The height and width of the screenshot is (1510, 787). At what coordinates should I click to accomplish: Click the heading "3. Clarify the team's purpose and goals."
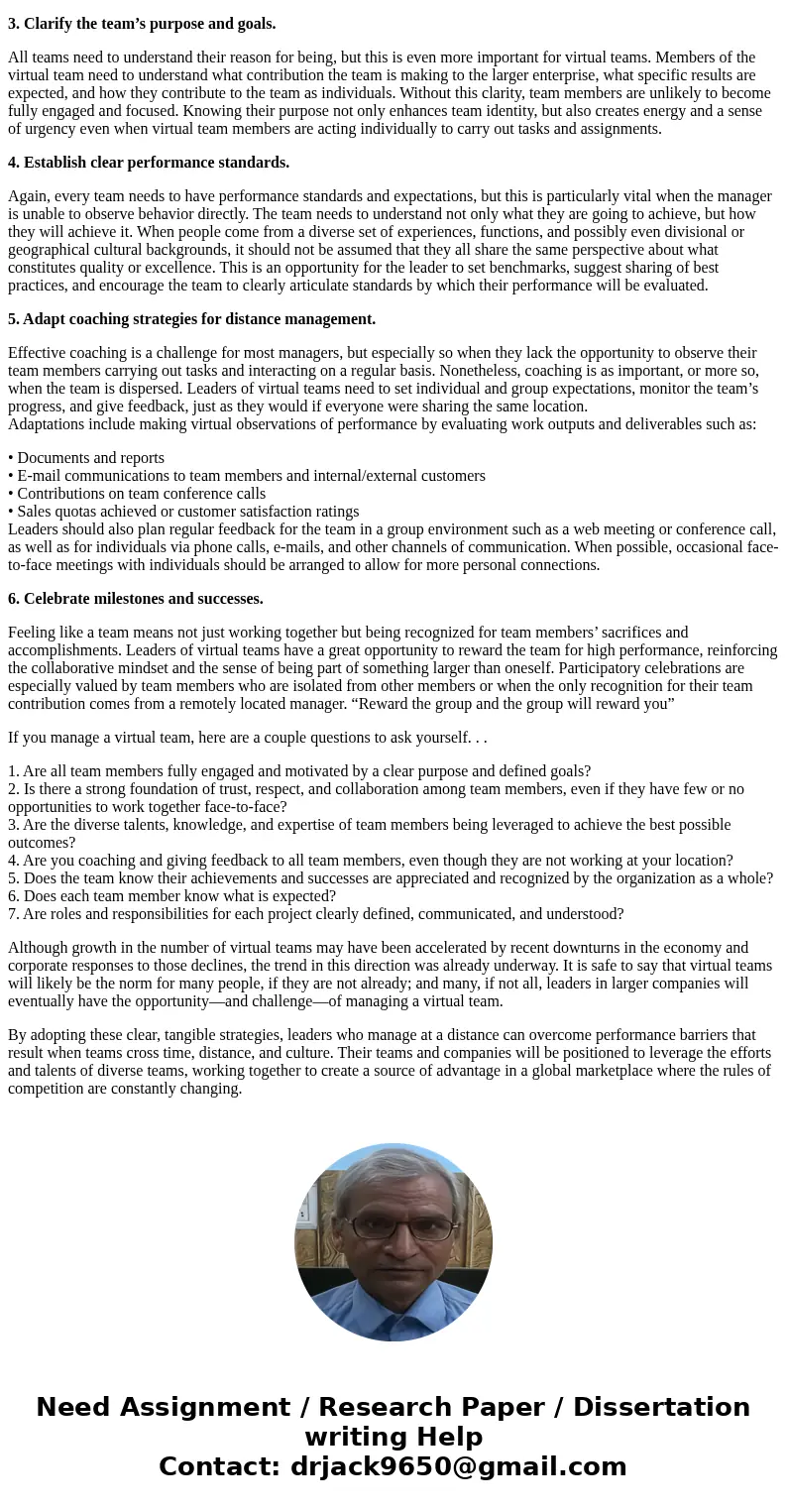[142, 23]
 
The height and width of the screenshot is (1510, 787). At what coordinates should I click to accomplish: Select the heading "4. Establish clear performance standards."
[149, 163]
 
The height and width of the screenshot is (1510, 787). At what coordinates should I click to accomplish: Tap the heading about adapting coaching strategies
[191, 319]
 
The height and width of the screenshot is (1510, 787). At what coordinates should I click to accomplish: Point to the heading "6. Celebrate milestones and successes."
[136, 599]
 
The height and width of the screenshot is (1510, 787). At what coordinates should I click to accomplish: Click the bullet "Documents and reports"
[90, 458]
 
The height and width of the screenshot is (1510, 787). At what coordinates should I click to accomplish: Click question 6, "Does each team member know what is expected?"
[171, 896]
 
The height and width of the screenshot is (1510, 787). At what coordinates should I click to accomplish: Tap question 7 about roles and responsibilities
[315, 914]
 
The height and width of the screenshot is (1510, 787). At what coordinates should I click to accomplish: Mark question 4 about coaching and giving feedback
[370, 861]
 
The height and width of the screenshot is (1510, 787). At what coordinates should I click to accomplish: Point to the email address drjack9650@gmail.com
[458, 1466]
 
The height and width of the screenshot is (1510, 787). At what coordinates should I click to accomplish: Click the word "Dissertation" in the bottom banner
[661, 1408]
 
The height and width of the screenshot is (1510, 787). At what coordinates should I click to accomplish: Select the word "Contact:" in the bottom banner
[219, 1466]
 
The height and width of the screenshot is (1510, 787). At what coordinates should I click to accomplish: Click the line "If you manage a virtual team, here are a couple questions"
[247, 738]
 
